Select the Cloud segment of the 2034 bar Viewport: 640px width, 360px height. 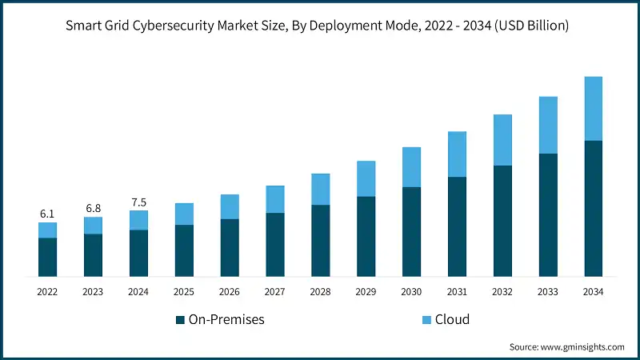pyautogui.click(x=593, y=109)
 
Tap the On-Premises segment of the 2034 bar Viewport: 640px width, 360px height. pyautogui.click(x=593, y=208)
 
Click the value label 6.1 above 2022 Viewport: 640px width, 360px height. pyautogui.click(x=47, y=214)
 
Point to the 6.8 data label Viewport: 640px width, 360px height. pyautogui.click(x=93, y=208)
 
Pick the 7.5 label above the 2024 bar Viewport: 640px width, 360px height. pyautogui.click(x=138, y=202)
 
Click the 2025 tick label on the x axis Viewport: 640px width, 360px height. pyautogui.click(x=184, y=293)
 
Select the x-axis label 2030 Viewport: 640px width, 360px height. pyautogui.click(x=411, y=293)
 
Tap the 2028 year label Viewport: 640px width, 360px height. pyautogui.click(x=320, y=293)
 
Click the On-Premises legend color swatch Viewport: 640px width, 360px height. pyautogui.click(x=180, y=320)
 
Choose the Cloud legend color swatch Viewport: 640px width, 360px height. pyautogui.click(x=426, y=320)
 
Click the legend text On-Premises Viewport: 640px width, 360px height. pyautogui.click(x=226, y=320)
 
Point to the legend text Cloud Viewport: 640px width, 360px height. pyautogui.click(x=452, y=320)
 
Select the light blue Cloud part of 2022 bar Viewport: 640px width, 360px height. pyautogui.click(x=47, y=230)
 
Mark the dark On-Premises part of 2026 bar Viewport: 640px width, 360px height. pyautogui.click(x=230, y=247)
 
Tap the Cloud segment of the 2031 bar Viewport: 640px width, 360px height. pyautogui.click(x=457, y=154)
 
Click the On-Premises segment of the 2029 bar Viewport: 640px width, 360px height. pyautogui.click(x=366, y=236)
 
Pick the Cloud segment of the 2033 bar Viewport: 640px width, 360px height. pyautogui.click(x=547, y=125)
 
